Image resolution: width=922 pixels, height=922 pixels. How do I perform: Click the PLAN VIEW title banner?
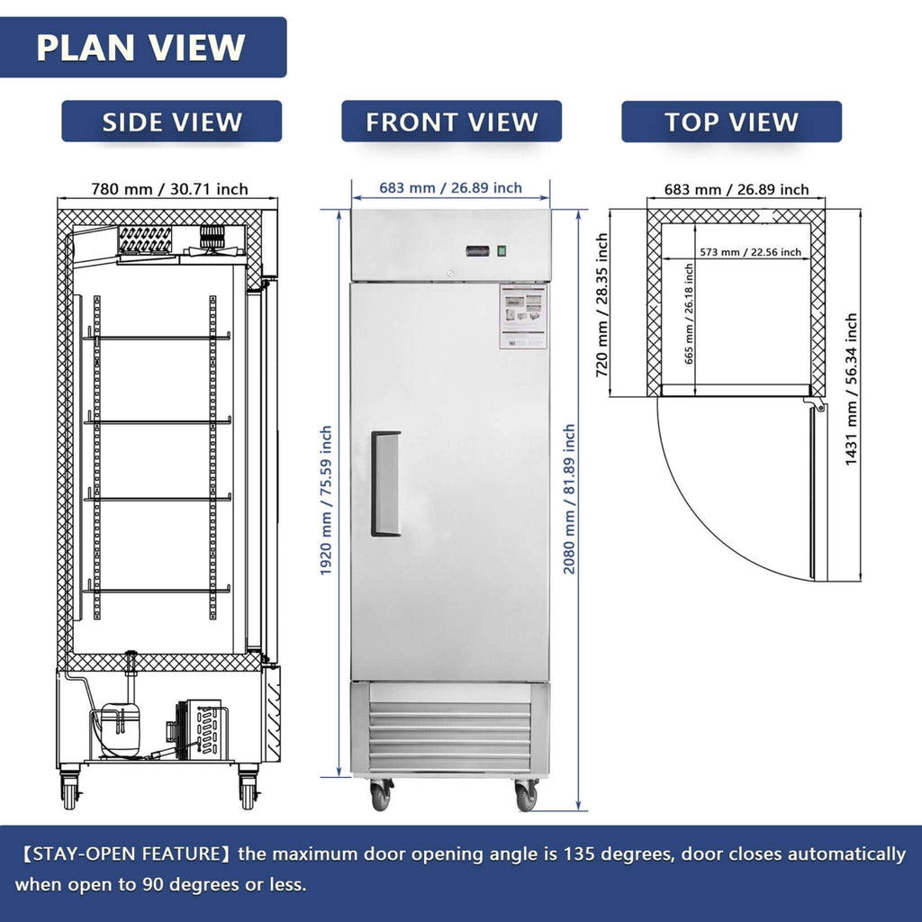[x=141, y=47]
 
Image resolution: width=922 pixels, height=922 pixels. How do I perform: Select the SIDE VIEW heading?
[x=171, y=122]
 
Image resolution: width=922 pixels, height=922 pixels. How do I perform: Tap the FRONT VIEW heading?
[x=451, y=122]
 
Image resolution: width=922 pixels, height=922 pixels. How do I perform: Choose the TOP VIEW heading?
[x=731, y=122]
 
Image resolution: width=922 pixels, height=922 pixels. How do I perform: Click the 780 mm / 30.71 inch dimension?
[x=169, y=189]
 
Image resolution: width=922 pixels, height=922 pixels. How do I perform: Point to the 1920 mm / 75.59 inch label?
[x=326, y=501]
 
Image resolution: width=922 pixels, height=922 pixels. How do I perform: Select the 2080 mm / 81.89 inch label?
[x=569, y=500]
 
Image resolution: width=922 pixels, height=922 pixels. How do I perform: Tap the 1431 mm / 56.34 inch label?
[x=851, y=389]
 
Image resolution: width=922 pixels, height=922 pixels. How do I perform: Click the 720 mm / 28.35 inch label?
[x=602, y=303]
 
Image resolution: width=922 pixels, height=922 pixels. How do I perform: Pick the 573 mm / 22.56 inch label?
[x=748, y=252]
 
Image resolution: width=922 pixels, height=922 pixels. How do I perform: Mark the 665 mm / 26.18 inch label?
[x=689, y=313]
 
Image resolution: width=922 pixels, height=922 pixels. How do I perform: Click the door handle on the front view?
[x=385, y=484]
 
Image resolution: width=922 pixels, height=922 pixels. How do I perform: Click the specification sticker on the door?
[x=523, y=317]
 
